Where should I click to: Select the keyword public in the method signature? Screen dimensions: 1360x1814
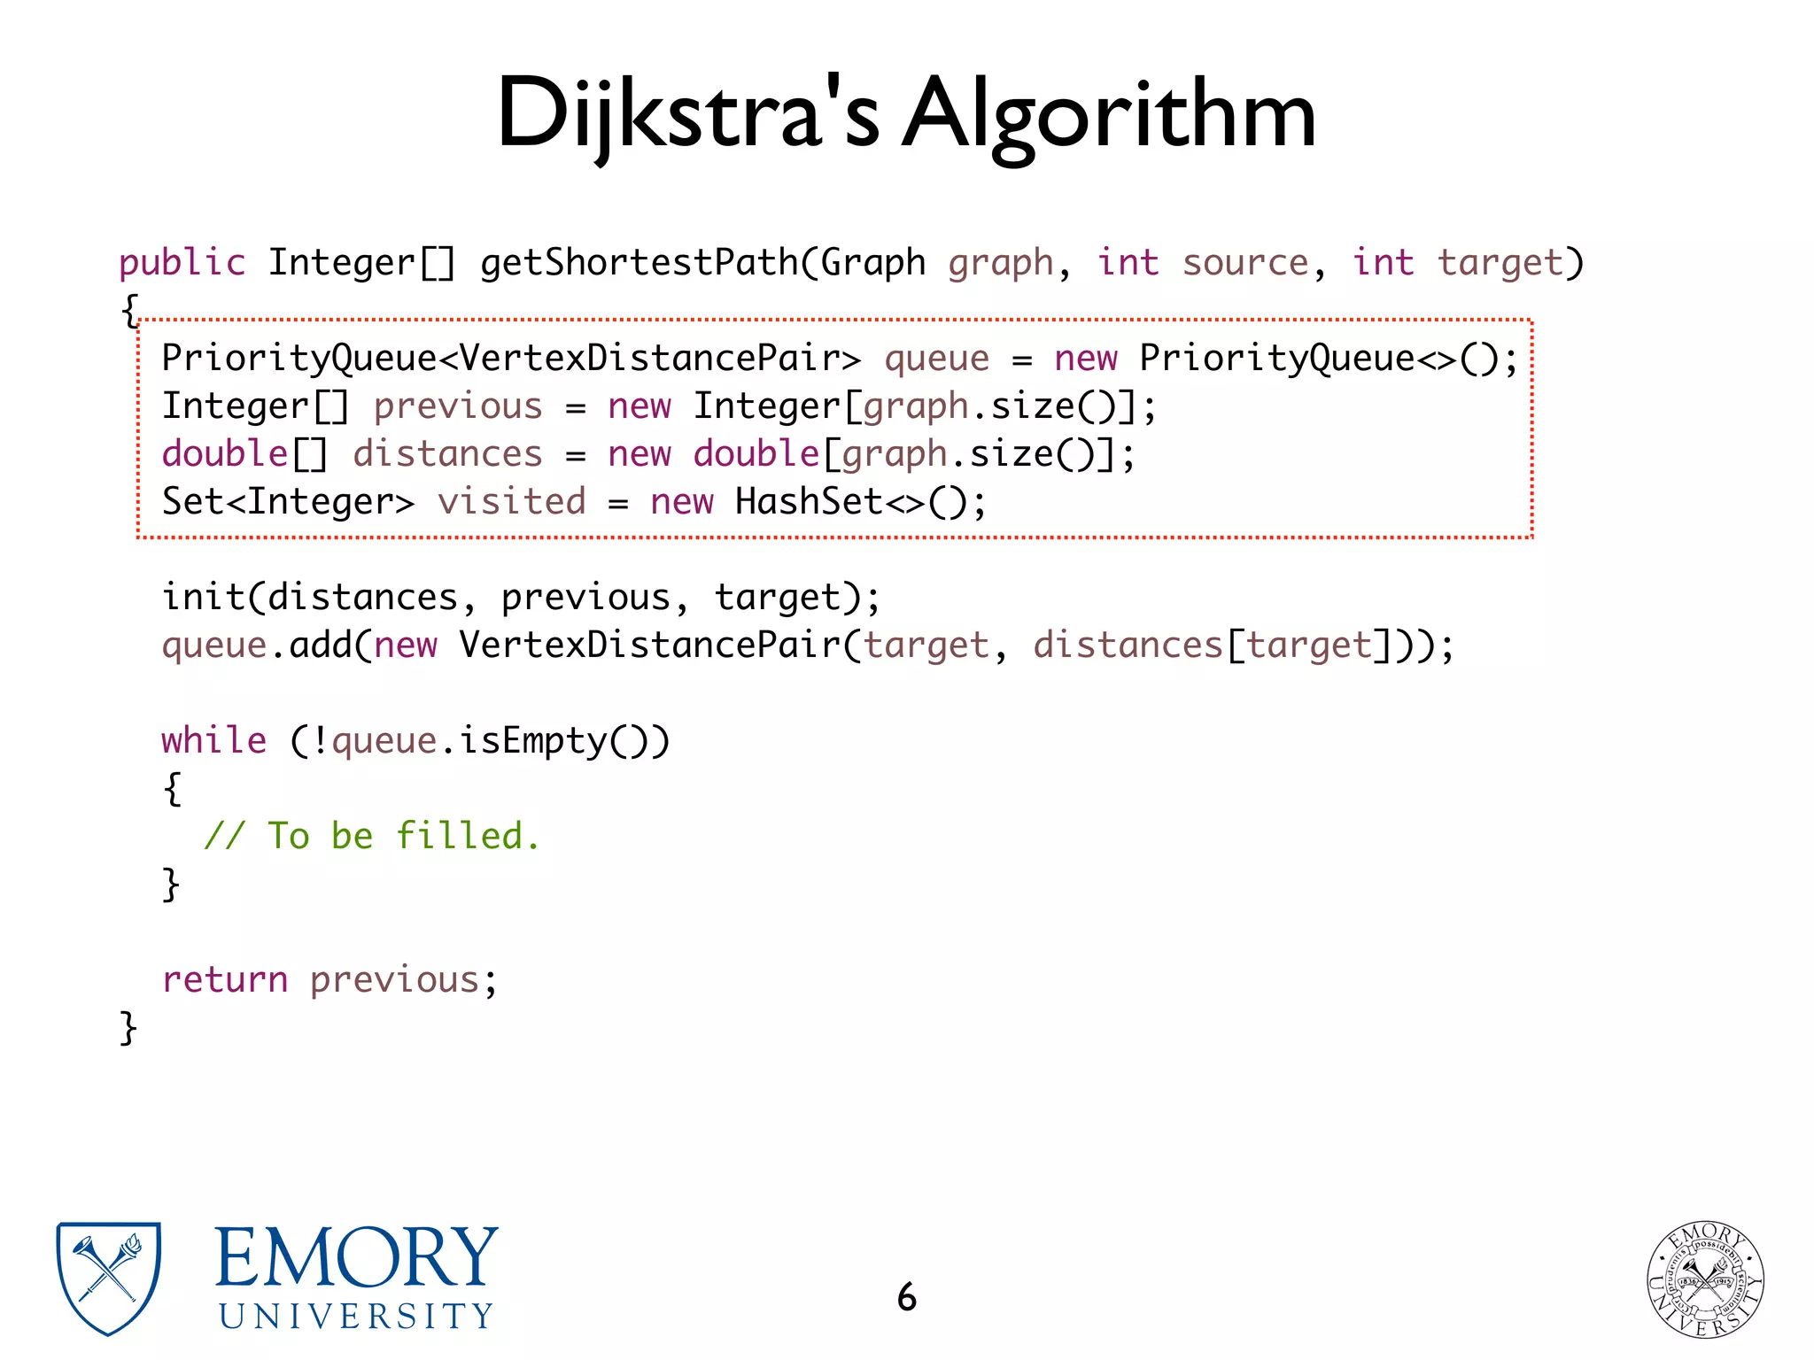[x=182, y=263]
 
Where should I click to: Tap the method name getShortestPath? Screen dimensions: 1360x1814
[x=639, y=263]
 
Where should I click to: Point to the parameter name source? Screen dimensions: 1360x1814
[x=1244, y=263]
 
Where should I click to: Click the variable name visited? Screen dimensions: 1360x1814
[x=511, y=502]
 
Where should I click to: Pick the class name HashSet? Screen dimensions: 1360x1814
[x=809, y=502]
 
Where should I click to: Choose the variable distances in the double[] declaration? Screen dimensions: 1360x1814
[x=447, y=454]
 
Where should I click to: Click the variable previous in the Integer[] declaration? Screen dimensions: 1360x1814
[x=457, y=406]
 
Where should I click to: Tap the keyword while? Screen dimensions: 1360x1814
[x=213, y=740]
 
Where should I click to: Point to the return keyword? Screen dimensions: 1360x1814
[x=225, y=979]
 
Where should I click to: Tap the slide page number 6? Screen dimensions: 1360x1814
[x=906, y=1297]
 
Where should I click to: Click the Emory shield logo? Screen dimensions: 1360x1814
[x=108, y=1278]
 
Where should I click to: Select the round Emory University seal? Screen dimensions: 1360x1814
[x=1705, y=1279]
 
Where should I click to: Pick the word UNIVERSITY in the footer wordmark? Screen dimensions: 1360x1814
[x=356, y=1317]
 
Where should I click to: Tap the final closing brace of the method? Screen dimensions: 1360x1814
[x=128, y=1028]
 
